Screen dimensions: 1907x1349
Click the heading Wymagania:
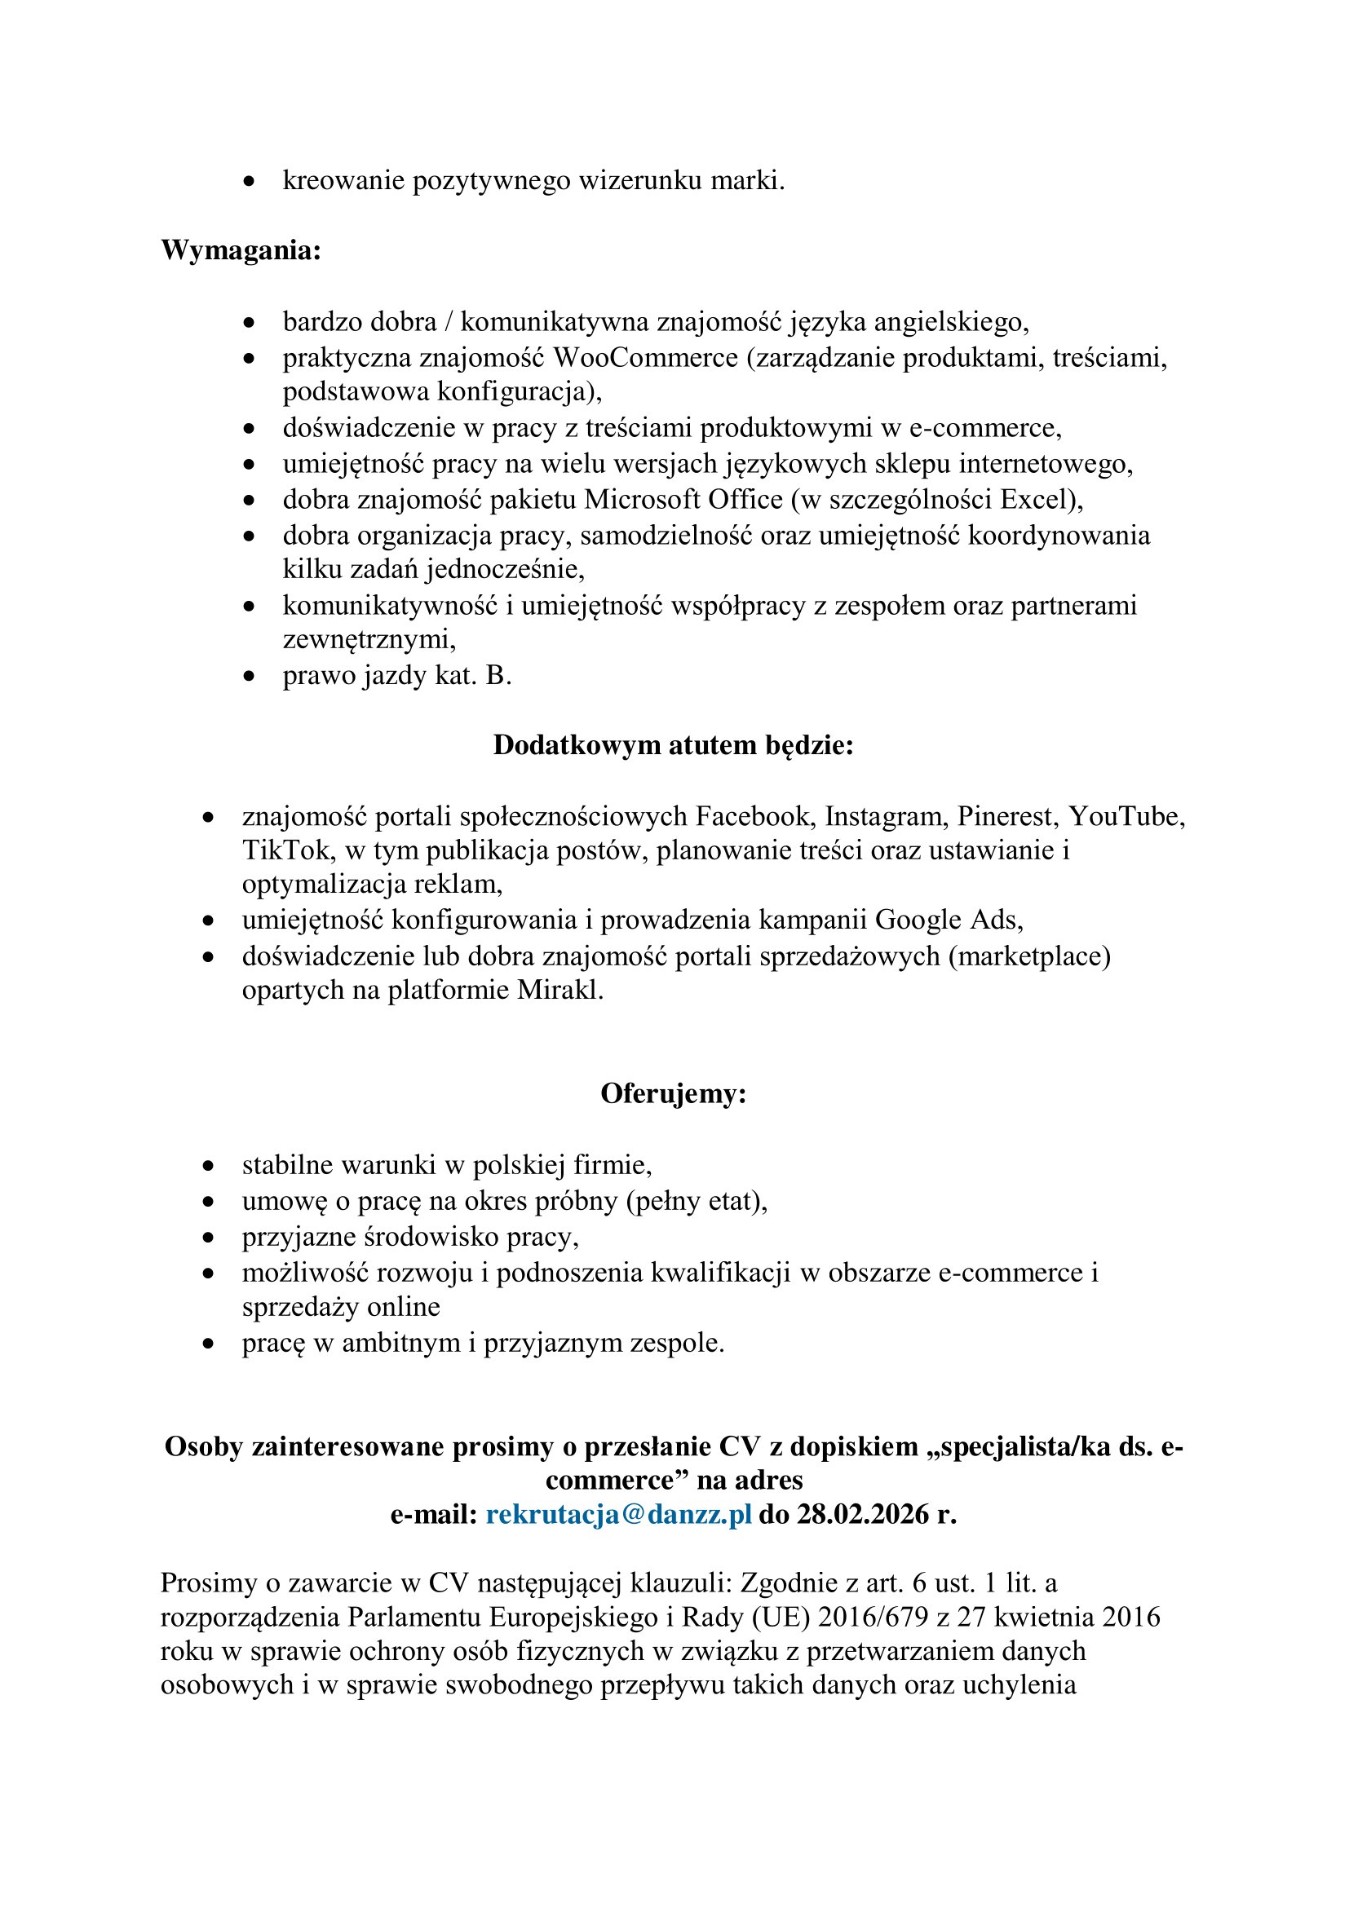coord(241,250)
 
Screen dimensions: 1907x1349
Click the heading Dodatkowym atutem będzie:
coord(673,745)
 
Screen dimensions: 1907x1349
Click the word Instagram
coord(887,816)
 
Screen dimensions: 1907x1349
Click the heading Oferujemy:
coord(673,1094)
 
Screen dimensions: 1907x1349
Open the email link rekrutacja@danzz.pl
coord(619,1515)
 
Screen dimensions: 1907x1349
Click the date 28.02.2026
coord(862,1515)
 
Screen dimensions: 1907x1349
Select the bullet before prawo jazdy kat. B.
coord(249,677)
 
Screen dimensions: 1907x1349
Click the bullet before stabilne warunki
coord(209,1167)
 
